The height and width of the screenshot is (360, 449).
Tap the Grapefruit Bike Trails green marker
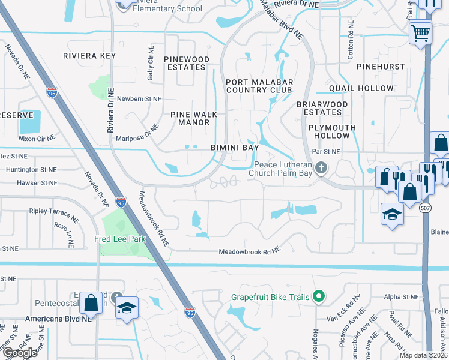coord(319,296)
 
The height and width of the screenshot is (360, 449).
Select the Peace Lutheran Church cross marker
coord(322,167)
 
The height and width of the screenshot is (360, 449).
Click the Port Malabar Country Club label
coord(259,86)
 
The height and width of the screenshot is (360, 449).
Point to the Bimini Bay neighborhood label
coord(235,147)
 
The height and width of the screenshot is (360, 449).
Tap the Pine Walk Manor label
coord(190,118)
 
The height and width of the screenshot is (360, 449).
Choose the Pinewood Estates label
coord(187,63)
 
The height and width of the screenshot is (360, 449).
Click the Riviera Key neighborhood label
coord(89,56)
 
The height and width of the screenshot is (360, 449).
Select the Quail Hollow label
coord(361,88)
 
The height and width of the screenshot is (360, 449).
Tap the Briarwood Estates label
coord(322,107)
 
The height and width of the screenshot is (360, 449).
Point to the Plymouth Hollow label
coord(332,131)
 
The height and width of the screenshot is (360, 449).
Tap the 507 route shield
coord(425,208)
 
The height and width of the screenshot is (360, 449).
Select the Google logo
coord(20,353)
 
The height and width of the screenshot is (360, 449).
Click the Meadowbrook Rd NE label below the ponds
coord(249,251)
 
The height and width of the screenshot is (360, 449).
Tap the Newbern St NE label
coord(139,98)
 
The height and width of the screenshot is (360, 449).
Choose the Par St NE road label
coord(326,152)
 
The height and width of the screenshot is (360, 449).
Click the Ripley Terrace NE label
coord(55,212)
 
